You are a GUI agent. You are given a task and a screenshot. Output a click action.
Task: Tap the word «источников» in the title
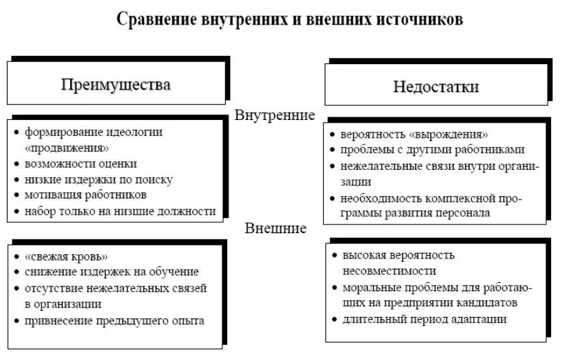(x=419, y=19)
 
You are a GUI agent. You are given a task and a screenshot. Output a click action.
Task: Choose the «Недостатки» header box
(x=436, y=87)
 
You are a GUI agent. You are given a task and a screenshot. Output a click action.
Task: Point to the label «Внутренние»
(x=275, y=115)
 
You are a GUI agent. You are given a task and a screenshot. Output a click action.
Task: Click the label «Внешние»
(x=276, y=228)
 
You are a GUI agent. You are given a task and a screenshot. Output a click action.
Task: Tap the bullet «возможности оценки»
(x=81, y=164)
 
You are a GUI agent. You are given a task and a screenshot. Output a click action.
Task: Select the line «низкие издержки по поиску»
(x=99, y=179)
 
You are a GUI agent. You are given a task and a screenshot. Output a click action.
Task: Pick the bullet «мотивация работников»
(x=86, y=195)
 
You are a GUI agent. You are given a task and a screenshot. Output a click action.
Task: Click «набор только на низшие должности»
(x=120, y=211)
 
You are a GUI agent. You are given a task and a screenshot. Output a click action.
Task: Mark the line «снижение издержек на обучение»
(x=111, y=272)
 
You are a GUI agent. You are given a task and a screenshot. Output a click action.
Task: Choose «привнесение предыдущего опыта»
(x=114, y=320)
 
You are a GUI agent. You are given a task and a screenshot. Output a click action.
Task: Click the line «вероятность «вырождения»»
(x=414, y=134)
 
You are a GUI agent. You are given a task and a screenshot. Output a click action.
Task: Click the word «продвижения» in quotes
(x=67, y=148)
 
